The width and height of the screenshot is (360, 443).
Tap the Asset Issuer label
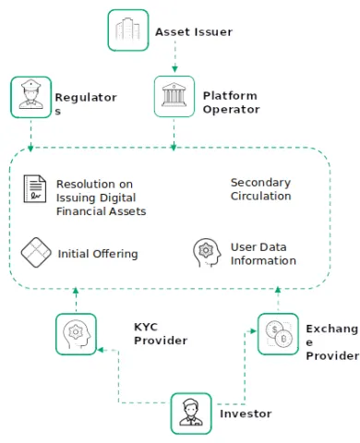194,32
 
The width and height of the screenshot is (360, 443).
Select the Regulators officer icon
30,96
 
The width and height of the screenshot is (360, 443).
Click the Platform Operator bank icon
174,96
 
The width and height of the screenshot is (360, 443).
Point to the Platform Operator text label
231,102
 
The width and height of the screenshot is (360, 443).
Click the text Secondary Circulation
261,189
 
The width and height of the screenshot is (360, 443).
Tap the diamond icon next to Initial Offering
35,251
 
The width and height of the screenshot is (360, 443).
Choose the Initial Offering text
98,253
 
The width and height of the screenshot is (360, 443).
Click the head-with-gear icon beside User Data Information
205,251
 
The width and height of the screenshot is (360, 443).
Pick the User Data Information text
263,254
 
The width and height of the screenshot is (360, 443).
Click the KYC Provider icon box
76,332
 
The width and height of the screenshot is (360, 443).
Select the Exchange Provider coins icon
276,334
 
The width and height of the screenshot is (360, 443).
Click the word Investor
246,414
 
